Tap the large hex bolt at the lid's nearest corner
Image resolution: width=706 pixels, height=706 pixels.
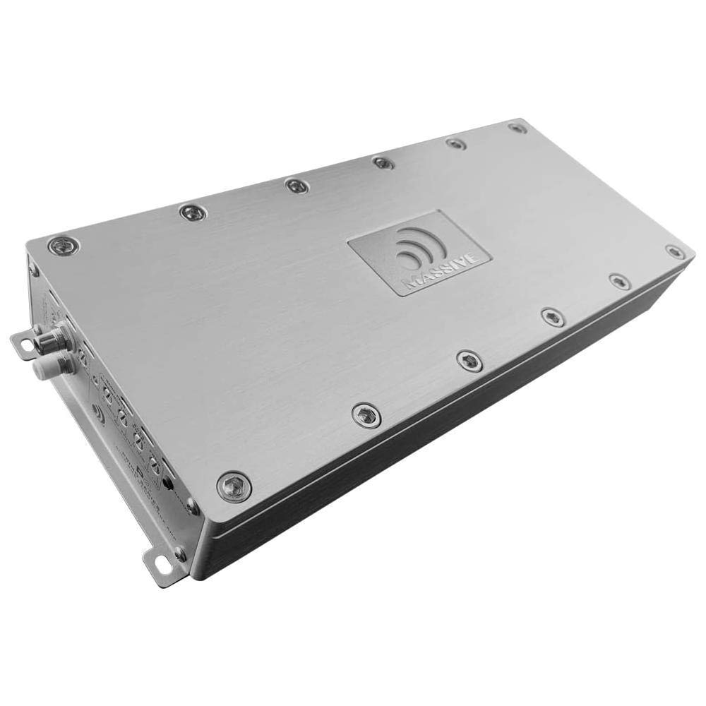point(233,486)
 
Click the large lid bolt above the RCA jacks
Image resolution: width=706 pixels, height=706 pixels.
point(63,246)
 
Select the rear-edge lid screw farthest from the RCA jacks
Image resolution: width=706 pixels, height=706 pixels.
point(517,128)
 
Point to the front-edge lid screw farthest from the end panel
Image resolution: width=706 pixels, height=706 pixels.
point(675,251)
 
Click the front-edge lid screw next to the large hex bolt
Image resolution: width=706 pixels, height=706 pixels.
point(366,414)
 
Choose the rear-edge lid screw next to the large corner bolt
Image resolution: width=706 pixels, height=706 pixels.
point(193,211)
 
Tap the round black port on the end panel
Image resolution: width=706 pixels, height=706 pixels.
point(167,484)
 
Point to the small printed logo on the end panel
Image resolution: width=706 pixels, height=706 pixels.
point(99,415)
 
